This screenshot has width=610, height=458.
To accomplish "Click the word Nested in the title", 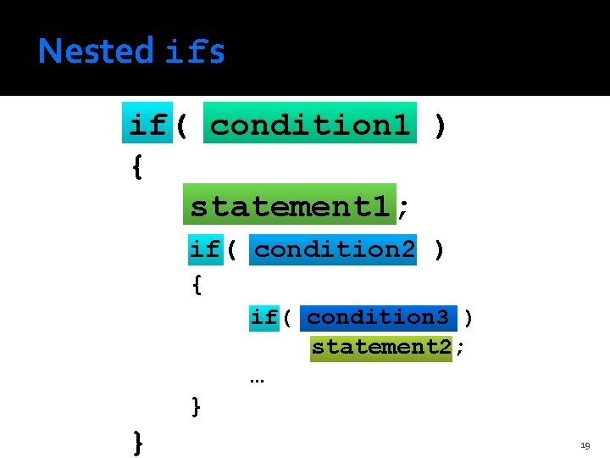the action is pyautogui.click(x=95, y=52).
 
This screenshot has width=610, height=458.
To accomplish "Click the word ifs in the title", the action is pyautogui.click(x=195, y=52).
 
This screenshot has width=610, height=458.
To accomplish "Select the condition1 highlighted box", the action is pyautogui.click(x=309, y=126).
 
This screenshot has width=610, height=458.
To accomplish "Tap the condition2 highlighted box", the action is pyautogui.click(x=334, y=249).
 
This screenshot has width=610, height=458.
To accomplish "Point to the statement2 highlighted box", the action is pyautogui.click(x=381, y=347).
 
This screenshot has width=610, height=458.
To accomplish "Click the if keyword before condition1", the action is pyautogui.click(x=147, y=126).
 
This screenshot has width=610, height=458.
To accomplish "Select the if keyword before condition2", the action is pyautogui.click(x=204, y=249).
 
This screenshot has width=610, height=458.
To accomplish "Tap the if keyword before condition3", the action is pyautogui.click(x=263, y=317).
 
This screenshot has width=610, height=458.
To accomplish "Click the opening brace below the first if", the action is pyautogui.click(x=137, y=166).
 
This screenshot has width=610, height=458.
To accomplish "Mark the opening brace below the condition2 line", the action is pyautogui.click(x=197, y=284).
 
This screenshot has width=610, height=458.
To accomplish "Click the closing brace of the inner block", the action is pyautogui.click(x=197, y=406).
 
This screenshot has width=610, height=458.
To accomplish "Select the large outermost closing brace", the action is pyautogui.click(x=137, y=442).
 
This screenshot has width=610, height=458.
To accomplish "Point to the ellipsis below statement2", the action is pyautogui.click(x=257, y=379).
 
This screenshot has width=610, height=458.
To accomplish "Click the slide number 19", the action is pyautogui.click(x=585, y=444).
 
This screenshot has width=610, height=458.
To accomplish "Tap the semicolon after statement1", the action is pyautogui.click(x=404, y=206).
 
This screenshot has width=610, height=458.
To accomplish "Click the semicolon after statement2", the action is pyautogui.click(x=460, y=347).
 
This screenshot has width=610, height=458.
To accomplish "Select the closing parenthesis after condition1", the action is pyautogui.click(x=438, y=126).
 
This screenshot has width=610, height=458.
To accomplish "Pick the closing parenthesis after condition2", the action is pyautogui.click(x=438, y=249).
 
